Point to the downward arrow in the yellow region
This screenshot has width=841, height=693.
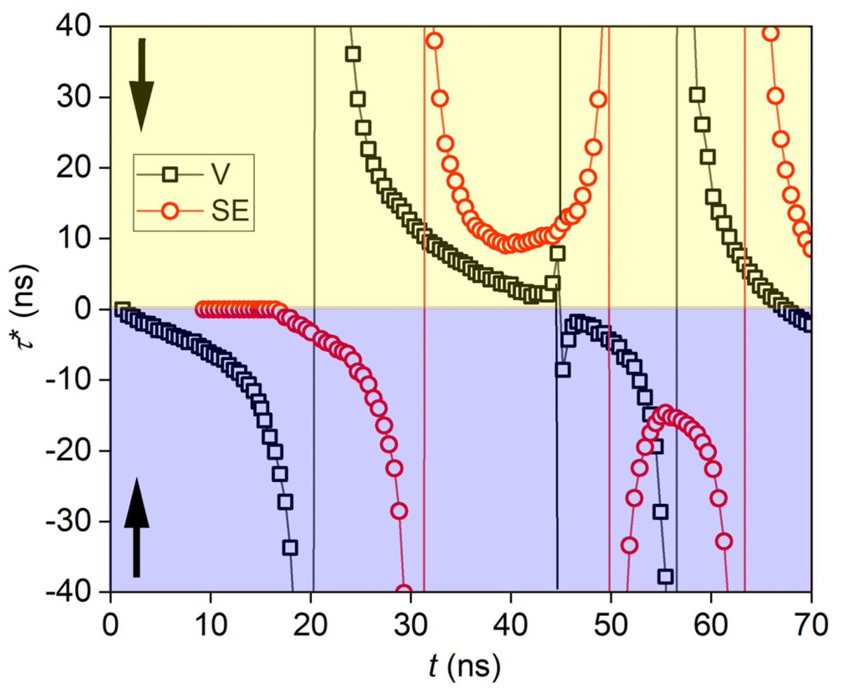click(141, 84)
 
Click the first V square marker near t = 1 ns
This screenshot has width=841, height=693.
click(122, 309)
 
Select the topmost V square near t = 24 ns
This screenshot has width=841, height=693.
click(353, 54)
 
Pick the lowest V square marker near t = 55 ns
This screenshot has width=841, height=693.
click(665, 577)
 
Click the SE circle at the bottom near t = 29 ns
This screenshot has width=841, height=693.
click(404, 591)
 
